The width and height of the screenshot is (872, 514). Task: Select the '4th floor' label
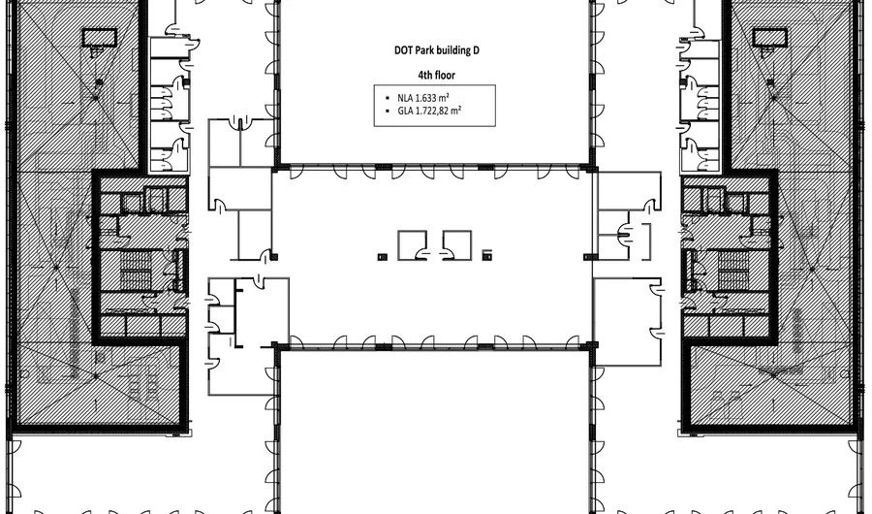[435, 74]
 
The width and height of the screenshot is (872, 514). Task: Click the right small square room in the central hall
[456, 244]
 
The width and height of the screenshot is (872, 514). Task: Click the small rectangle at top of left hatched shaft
[97, 38]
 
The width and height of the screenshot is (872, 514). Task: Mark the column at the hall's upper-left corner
[276, 166]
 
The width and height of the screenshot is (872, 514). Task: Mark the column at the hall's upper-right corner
[592, 166]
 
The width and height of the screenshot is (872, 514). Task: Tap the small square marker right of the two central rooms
[487, 255]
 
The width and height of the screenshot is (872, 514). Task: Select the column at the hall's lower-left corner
[276, 345]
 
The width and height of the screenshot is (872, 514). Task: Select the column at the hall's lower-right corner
[592, 345]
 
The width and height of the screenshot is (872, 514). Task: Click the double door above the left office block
[237, 121]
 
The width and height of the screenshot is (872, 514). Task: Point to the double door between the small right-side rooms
[626, 230]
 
